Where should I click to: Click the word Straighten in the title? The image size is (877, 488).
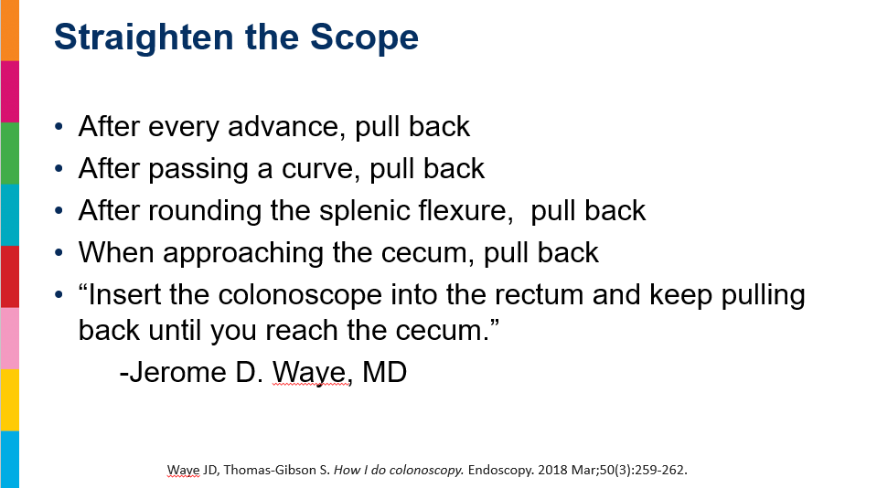pos(144,38)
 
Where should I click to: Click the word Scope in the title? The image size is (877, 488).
pos(364,37)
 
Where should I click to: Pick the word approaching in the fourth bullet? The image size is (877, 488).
pos(243,253)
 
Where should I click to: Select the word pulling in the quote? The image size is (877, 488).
pos(764,295)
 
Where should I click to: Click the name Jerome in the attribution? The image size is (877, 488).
pos(177,372)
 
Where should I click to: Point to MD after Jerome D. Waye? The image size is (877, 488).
pos(384,372)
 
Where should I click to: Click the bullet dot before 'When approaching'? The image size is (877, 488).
pos(59,252)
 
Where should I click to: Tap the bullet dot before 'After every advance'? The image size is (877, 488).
pos(59,126)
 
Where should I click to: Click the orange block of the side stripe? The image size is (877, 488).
pos(9,30)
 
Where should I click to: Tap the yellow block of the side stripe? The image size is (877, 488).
pos(9,400)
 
